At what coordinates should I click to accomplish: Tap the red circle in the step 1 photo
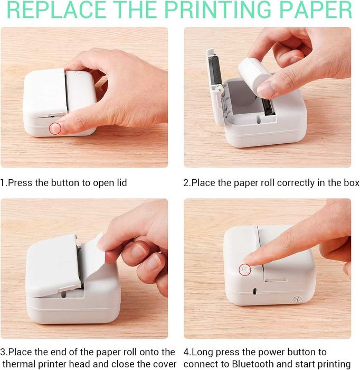coord(55,128)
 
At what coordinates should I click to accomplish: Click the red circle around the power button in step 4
coord(245,270)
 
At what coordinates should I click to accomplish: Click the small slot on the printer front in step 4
coord(254,291)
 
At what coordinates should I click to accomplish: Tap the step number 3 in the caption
coord(3,352)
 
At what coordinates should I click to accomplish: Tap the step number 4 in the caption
coord(186,352)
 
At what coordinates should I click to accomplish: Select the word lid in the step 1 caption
coord(122,183)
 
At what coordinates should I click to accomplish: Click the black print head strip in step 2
coord(269,106)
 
